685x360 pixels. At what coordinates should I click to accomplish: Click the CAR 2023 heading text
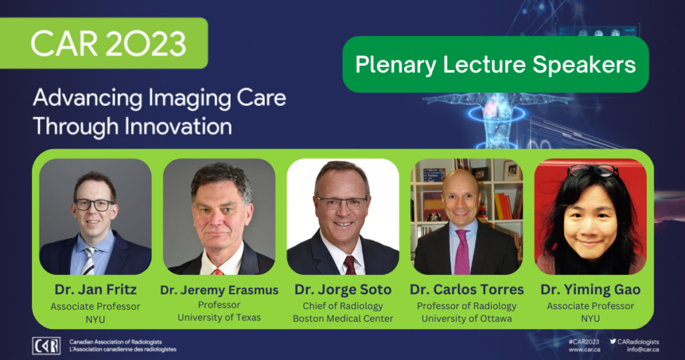click(108, 43)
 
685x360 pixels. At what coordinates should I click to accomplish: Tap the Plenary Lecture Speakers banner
click(496, 65)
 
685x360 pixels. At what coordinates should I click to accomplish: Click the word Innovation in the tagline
click(178, 126)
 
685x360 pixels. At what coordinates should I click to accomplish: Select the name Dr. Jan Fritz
click(95, 289)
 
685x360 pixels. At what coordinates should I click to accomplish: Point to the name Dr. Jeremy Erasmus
click(219, 290)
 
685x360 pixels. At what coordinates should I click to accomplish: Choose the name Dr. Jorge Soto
click(343, 290)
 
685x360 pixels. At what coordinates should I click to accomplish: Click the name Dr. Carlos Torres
click(466, 290)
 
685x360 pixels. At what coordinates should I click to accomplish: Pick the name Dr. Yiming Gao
click(590, 290)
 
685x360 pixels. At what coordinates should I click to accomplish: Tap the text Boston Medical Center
click(343, 319)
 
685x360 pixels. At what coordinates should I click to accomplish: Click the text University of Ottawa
click(466, 319)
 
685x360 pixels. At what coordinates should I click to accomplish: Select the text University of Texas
click(219, 317)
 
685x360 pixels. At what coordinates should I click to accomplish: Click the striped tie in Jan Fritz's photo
click(89, 261)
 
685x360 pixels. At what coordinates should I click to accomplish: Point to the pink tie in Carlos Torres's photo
click(462, 252)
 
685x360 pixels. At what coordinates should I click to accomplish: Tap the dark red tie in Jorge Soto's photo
click(350, 265)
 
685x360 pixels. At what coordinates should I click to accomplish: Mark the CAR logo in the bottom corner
click(46, 345)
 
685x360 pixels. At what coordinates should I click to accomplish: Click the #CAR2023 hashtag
click(583, 342)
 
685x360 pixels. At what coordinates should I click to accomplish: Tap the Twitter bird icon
click(613, 341)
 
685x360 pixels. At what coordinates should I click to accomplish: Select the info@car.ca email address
click(643, 349)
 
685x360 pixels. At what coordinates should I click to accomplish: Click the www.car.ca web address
click(584, 349)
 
